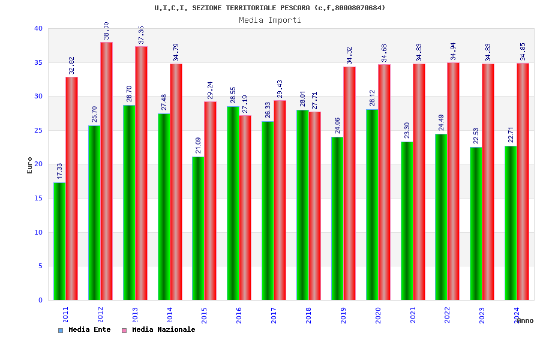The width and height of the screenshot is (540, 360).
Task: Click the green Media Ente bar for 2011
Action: [59, 241]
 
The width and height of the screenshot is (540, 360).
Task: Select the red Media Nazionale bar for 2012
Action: [106, 171]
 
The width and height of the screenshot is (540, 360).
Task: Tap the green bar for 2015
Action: [198, 228]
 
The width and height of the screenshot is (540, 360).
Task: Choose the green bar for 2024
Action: [511, 223]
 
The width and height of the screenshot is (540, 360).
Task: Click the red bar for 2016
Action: [245, 208]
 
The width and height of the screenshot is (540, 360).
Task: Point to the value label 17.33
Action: [60, 171]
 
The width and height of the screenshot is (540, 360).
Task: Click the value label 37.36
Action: [142, 35]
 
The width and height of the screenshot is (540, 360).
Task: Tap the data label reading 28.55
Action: [233, 95]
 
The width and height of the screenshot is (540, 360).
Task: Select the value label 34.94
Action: [454, 51]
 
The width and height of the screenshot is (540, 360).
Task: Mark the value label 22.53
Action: [476, 136]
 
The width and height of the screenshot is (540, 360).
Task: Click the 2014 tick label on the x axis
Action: [170, 315]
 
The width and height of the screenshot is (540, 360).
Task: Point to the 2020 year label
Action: [378, 315]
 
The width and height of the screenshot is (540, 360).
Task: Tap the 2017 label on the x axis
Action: [274, 315]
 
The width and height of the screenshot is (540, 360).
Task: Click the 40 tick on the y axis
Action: [38, 28]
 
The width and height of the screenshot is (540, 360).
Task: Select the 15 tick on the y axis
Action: [38, 198]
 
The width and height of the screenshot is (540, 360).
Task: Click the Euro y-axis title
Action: [30, 165]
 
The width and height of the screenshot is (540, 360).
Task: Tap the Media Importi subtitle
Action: [270, 20]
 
